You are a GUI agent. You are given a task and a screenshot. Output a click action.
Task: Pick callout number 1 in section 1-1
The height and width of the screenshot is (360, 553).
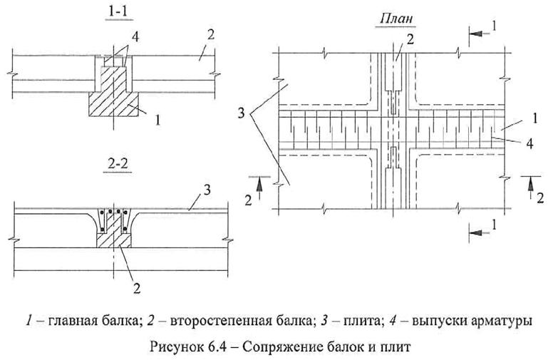[x=157, y=121]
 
